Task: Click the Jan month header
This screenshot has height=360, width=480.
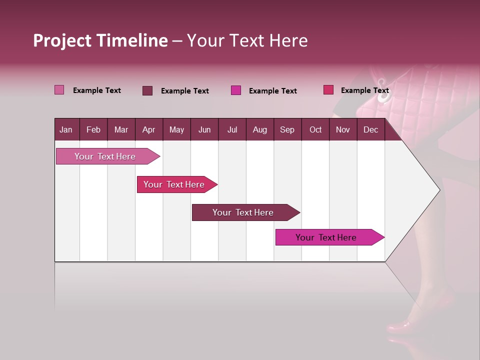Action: tap(66, 129)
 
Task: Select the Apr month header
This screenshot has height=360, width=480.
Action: tap(148, 129)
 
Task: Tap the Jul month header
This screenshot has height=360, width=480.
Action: tap(232, 129)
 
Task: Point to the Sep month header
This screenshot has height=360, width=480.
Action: tap(287, 129)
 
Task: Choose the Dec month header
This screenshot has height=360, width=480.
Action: tap(370, 129)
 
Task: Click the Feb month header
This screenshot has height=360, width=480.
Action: tap(93, 129)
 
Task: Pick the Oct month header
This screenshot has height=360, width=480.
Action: tap(315, 129)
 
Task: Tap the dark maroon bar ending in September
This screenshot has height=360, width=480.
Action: tap(243, 212)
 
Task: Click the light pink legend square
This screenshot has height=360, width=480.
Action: tap(59, 90)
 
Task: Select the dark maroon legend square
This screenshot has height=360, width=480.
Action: tap(147, 90)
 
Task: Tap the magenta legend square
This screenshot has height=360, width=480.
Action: tap(236, 90)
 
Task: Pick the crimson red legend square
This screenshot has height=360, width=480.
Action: tap(328, 90)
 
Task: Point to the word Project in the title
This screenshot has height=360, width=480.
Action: tap(62, 40)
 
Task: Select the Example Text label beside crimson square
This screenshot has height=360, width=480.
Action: tap(364, 90)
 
